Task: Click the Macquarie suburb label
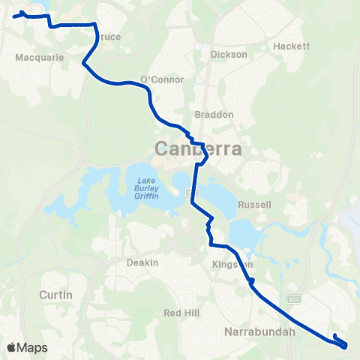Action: (x=34, y=56)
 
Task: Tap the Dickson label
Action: (x=229, y=55)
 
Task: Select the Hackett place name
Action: (x=292, y=46)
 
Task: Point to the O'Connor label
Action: (x=157, y=80)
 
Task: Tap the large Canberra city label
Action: (x=199, y=148)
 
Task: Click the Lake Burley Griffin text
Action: (x=147, y=187)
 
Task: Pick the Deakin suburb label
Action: (x=142, y=262)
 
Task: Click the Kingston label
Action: (x=229, y=265)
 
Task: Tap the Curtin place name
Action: (x=56, y=295)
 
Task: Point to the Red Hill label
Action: (x=181, y=312)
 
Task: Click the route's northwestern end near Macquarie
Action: (x=15, y=16)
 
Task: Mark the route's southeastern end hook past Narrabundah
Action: (x=334, y=336)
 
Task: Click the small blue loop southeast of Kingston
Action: (x=251, y=282)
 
